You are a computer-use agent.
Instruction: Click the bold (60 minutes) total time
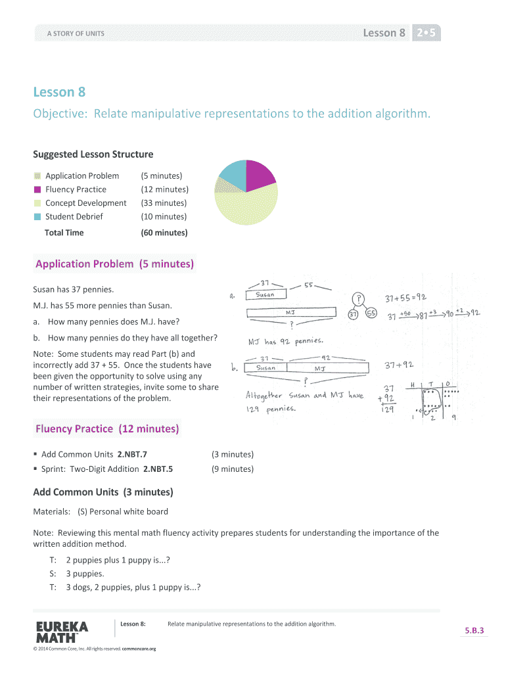click(x=164, y=233)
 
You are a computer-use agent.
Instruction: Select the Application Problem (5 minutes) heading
click(x=114, y=264)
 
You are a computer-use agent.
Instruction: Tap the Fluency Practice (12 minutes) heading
click(x=106, y=429)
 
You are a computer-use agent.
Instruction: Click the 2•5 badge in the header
click(x=426, y=33)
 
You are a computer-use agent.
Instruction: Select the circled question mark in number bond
click(x=358, y=299)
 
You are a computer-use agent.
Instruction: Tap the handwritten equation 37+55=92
click(x=405, y=298)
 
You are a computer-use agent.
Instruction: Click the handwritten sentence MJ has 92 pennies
click(x=285, y=341)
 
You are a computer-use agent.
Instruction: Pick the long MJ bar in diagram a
click(x=290, y=313)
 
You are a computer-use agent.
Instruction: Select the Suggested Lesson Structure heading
click(x=93, y=154)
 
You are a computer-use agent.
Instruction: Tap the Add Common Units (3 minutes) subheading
click(x=103, y=492)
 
